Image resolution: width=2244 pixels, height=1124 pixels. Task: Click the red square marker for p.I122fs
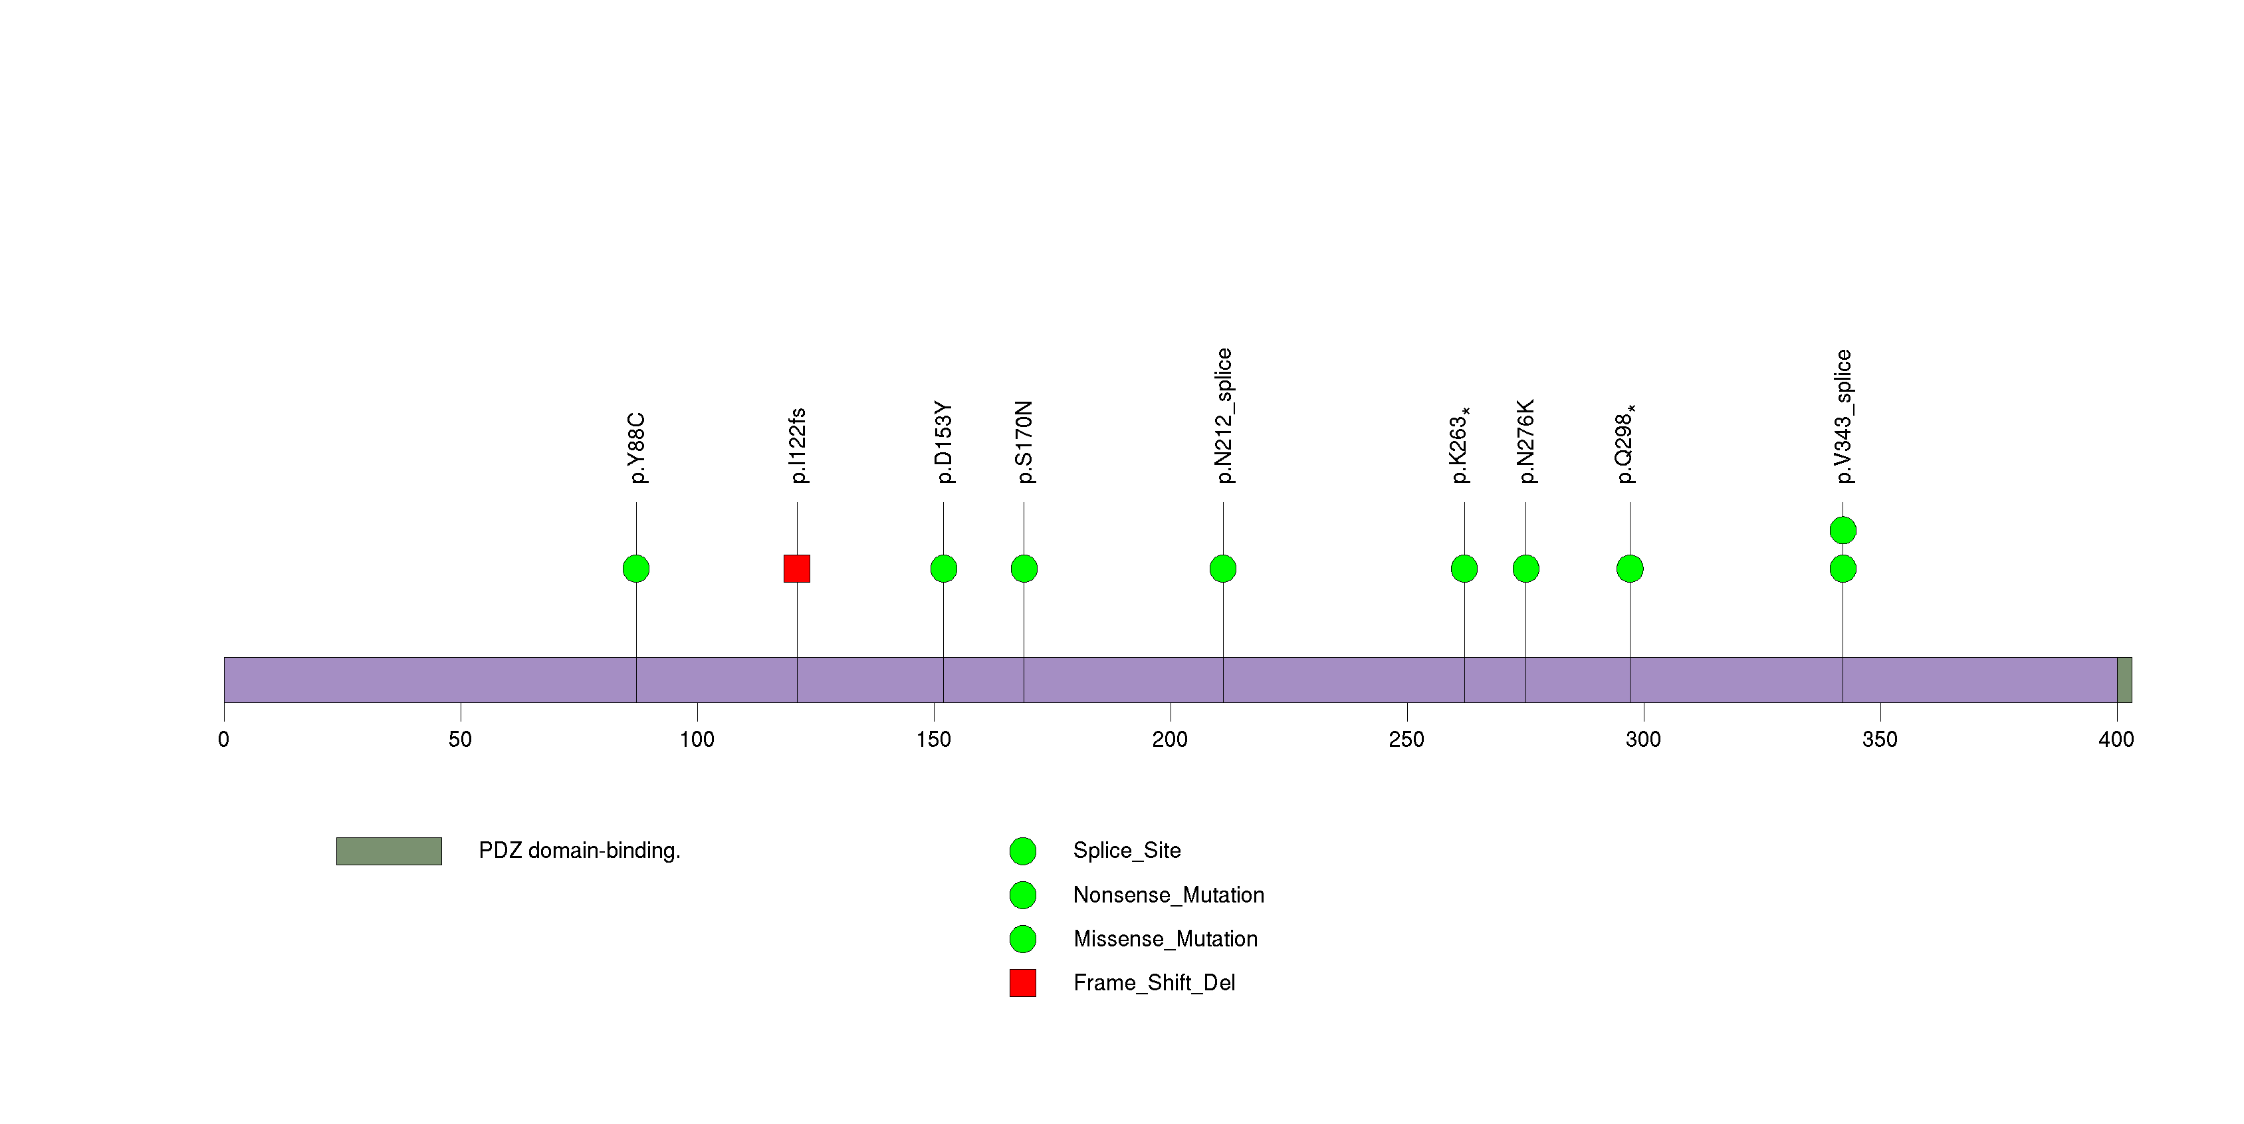pos(796,568)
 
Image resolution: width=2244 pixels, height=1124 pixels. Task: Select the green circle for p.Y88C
pos(636,568)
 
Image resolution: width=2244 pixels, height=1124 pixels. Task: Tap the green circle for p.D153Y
pos(943,568)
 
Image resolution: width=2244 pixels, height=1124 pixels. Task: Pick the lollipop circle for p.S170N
pos(1024,568)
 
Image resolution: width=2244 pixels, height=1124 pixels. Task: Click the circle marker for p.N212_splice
pos(1223,568)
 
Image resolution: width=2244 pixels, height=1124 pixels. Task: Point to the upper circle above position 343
pos(1843,530)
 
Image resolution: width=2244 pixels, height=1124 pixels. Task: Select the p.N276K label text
pos(1526,441)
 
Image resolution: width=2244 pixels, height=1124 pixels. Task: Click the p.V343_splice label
pos(1843,416)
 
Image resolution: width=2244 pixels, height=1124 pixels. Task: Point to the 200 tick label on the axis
pos(1169,740)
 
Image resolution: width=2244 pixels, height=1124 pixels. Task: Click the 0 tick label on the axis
pos(224,740)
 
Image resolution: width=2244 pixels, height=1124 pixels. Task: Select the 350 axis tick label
pos(1879,740)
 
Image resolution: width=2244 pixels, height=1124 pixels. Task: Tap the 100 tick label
pos(696,740)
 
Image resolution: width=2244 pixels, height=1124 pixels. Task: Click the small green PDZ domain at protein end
pos(2124,680)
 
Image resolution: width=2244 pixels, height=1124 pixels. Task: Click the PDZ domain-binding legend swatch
pos(389,851)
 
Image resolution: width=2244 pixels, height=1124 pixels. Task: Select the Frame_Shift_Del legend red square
pos(1023,983)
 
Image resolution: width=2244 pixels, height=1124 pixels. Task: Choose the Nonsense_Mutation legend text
pos(1168,895)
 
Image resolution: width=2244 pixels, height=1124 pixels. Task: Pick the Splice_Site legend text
pos(1127,851)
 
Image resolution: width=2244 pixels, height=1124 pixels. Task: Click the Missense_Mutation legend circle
pos(1023,938)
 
